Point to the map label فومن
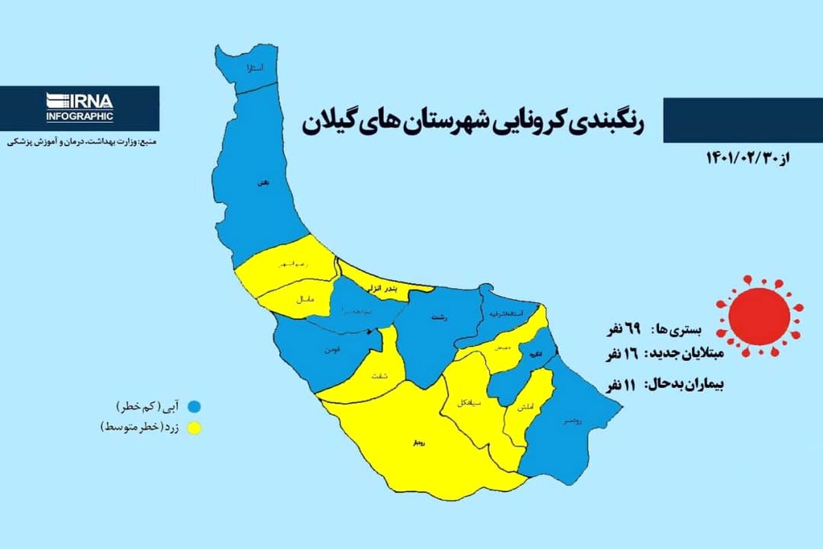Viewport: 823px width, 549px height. click(332, 351)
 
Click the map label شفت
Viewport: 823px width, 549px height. click(378, 375)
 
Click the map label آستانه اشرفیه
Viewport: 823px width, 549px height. click(509, 314)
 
